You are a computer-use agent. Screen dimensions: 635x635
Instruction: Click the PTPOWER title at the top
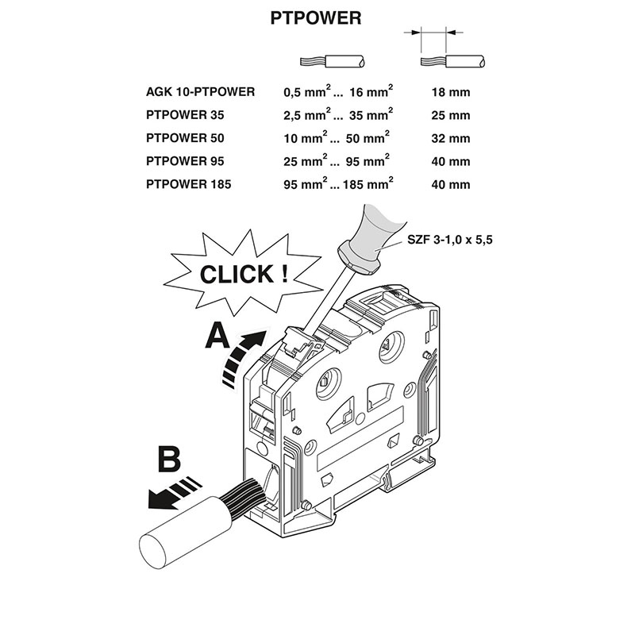[x=317, y=17]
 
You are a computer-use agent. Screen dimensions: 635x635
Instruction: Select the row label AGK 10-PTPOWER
[x=200, y=92]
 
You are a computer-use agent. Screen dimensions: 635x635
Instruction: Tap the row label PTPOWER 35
[x=185, y=115]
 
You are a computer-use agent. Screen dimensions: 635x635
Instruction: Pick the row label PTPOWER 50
[x=185, y=138]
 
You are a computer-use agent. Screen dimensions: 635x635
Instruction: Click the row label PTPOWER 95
[x=185, y=161]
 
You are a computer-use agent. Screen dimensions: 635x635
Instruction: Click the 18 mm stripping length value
[x=450, y=92]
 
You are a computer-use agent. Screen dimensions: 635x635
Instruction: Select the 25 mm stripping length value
[x=450, y=115]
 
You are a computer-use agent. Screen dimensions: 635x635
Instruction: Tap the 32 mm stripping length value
[x=450, y=138]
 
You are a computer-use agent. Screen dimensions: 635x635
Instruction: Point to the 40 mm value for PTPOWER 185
[x=450, y=184]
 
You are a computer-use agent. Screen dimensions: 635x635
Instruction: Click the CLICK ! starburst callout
[x=242, y=275]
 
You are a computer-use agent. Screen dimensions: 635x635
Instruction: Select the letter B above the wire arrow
[x=169, y=460]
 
